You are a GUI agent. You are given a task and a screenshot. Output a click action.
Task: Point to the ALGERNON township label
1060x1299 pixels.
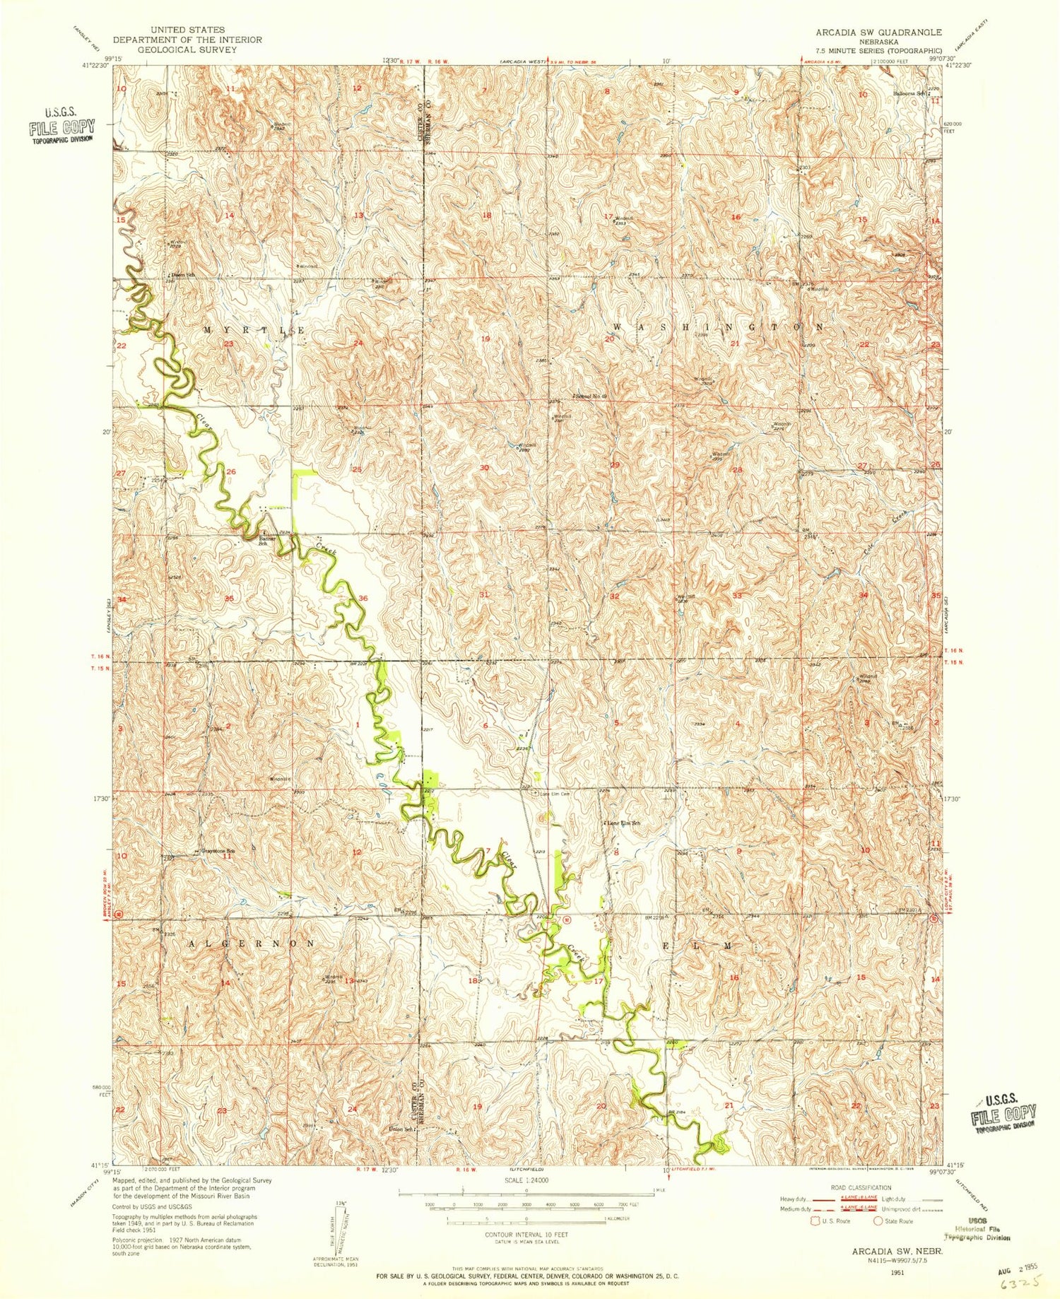coord(250,944)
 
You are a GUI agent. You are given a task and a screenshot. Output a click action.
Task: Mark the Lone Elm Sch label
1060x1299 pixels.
coord(623,823)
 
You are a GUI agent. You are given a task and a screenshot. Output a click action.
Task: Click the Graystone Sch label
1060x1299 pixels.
coord(218,851)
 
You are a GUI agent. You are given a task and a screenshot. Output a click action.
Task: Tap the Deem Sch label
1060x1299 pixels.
coord(180,275)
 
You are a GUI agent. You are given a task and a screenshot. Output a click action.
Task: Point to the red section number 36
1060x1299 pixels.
coord(363,599)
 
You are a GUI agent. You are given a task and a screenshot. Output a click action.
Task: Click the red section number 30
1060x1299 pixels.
coord(484,468)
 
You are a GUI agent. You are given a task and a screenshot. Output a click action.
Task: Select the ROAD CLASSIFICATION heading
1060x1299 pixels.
coord(871,1187)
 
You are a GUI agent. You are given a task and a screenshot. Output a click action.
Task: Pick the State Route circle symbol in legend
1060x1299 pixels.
coord(880,1221)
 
